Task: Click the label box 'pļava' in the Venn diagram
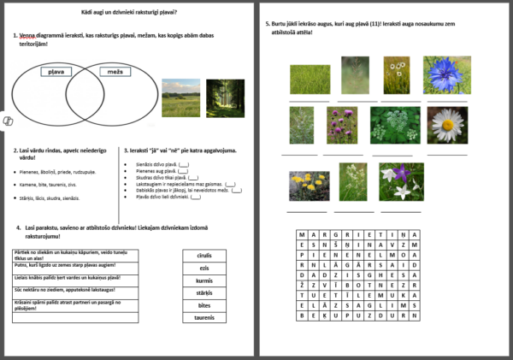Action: coord(57,72)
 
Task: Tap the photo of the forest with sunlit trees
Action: coord(225,98)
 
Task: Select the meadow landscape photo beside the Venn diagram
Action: coord(180,98)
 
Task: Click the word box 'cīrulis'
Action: coord(204,255)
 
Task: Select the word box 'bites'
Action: coord(204,304)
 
